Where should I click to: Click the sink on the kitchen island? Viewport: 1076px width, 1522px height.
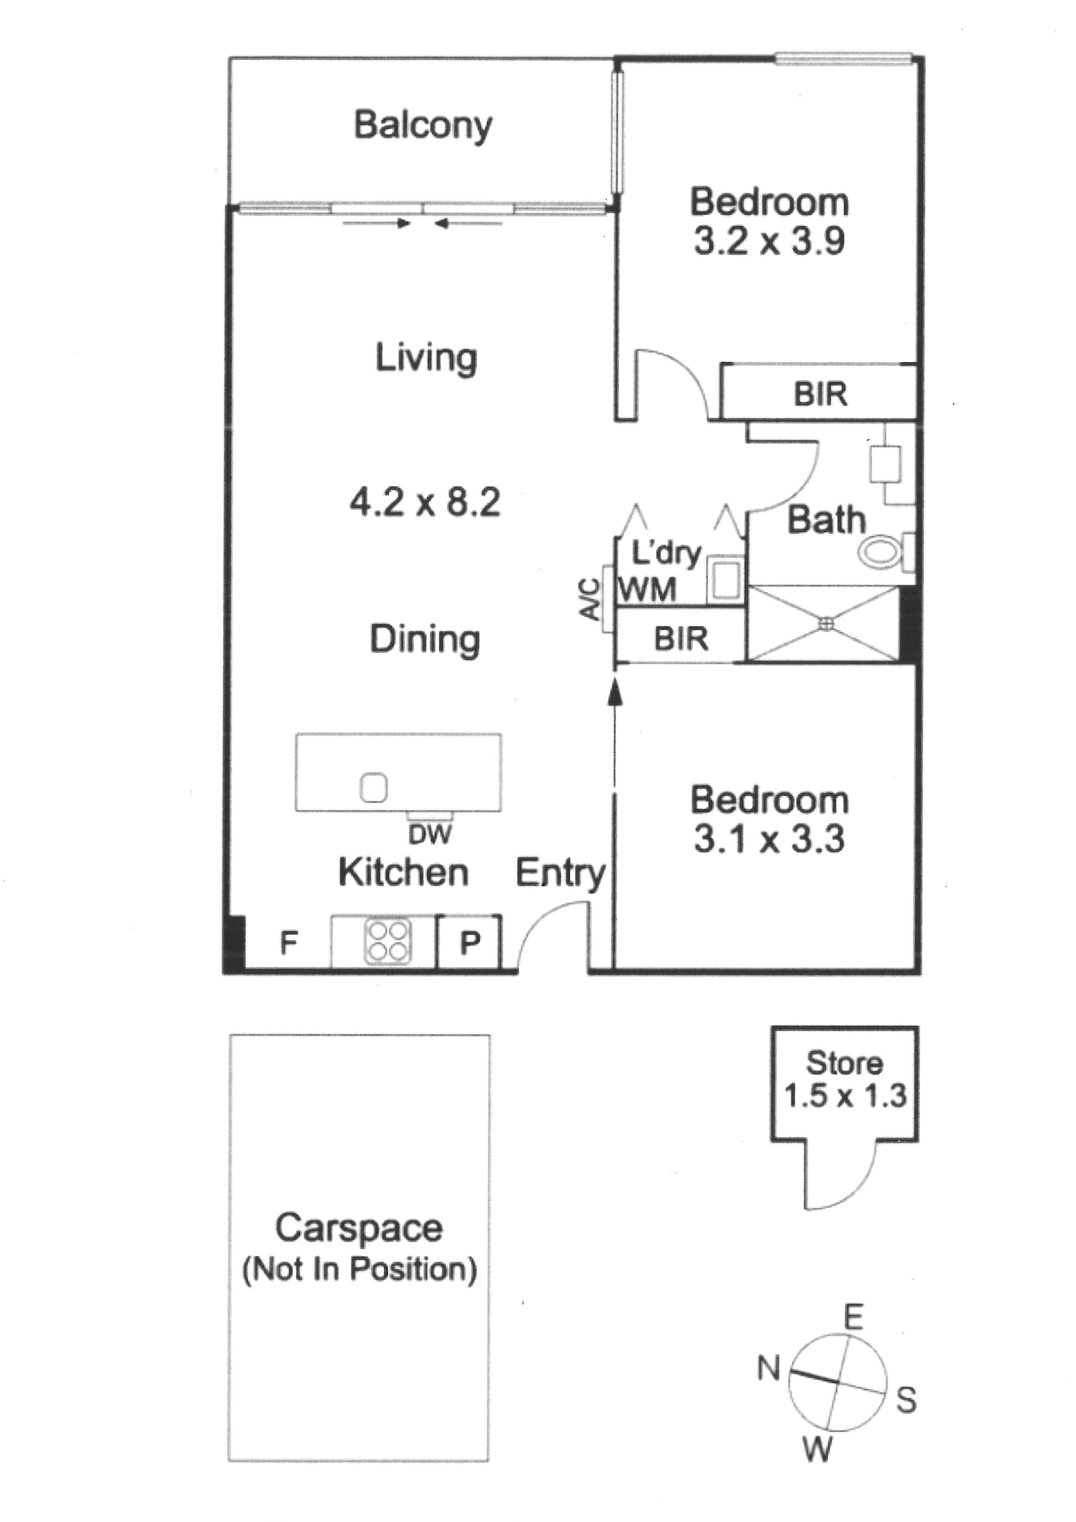click(x=373, y=788)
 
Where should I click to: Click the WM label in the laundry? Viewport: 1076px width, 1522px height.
click(x=648, y=589)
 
